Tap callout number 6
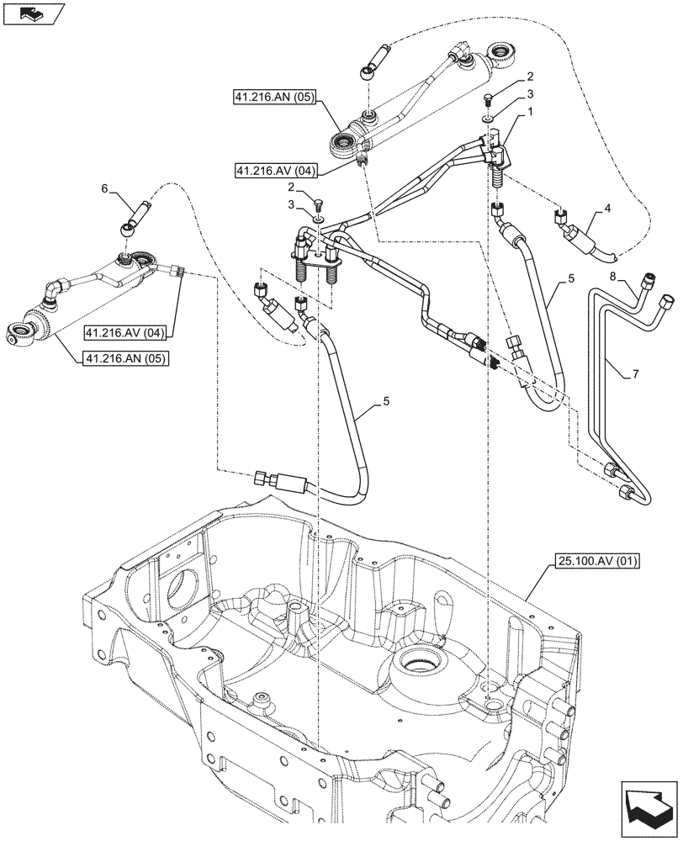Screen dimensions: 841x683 point(105,190)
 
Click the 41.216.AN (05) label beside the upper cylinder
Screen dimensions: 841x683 point(273,98)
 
